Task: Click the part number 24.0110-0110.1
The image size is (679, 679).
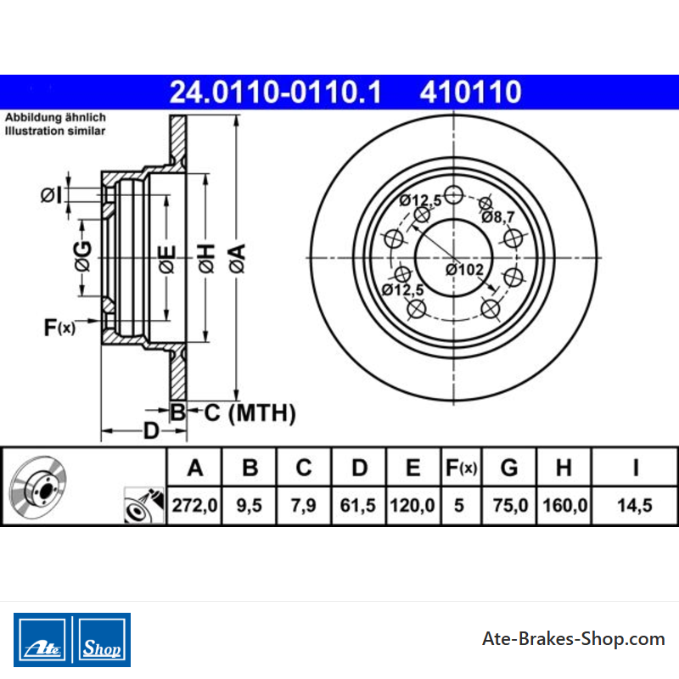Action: pyautogui.click(x=275, y=93)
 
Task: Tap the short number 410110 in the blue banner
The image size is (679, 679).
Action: pyautogui.click(x=470, y=93)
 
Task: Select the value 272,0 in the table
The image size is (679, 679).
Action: pyautogui.click(x=194, y=505)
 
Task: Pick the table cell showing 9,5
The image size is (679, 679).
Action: pyautogui.click(x=249, y=505)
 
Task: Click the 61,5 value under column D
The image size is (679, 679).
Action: pyautogui.click(x=357, y=505)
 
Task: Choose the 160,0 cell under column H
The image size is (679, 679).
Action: pyautogui.click(x=564, y=505)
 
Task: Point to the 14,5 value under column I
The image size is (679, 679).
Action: pyautogui.click(x=634, y=505)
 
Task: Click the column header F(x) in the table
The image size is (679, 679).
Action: pyautogui.click(x=461, y=468)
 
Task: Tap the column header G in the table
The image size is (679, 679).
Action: pyautogui.click(x=509, y=468)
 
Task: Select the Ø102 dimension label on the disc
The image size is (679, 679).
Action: pyautogui.click(x=464, y=270)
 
